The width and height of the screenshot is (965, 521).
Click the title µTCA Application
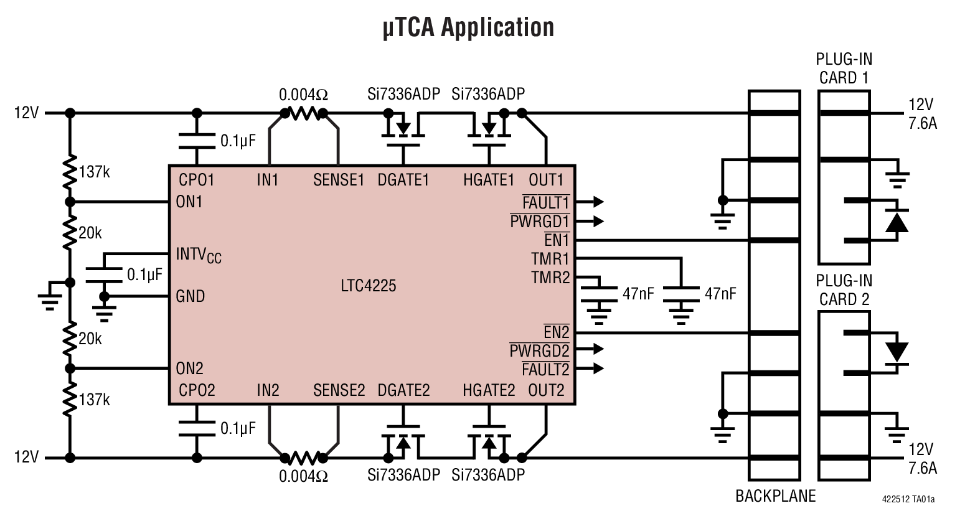click(x=468, y=28)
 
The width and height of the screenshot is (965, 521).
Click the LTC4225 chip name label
click(x=369, y=286)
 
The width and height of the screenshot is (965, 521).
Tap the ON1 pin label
click(x=189, y=202)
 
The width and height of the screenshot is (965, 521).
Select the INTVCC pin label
click(x=199, y=255)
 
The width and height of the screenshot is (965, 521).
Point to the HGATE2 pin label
click(x=489, y=390)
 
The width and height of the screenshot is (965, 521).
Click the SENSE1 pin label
click(x=338, y=181)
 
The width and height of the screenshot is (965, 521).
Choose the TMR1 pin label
click(x=550, y=258)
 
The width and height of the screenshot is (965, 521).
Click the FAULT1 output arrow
click(x=598, y=202)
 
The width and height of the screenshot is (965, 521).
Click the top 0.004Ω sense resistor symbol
click(x=304, y=113)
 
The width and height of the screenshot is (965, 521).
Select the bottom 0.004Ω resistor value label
click(x=303, y=476)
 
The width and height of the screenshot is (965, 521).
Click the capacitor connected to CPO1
click(x=197, y=141)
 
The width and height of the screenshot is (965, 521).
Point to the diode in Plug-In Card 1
click(x=896, y=221)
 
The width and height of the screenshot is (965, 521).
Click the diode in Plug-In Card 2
click(x=896, y=352)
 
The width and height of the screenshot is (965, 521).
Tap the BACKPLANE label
click(x=775, y=496)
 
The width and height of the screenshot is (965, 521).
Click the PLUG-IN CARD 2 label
click(x=844, y=290)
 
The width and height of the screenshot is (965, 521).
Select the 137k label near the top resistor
click(x=95, y=172)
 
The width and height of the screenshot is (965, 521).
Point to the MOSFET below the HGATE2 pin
click(x=489, y=441)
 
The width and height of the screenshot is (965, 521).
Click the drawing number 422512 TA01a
click(x=908, y=499)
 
